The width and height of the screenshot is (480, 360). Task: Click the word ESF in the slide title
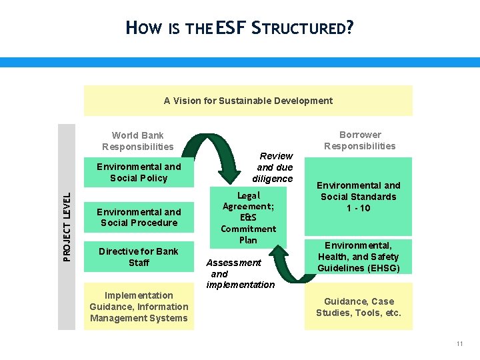tap(231, 28)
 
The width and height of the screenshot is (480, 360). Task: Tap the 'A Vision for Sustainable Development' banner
tap(248, 101)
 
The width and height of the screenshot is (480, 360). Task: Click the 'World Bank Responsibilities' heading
tap(138, 141)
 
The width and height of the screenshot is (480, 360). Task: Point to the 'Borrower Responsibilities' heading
tap(360, 140)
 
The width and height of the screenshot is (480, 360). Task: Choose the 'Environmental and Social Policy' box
tap(139, 173)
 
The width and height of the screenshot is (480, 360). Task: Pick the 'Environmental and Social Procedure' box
tap(139, 217)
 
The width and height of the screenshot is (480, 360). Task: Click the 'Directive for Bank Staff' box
tap(139, 257)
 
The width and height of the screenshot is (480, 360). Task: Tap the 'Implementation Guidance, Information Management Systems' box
tap(139, 307)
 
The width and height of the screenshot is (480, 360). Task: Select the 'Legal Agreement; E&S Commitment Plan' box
tap(248, 217)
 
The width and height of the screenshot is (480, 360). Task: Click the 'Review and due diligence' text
tap(273, 167)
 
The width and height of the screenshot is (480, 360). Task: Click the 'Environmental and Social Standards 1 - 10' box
tap(359, 197)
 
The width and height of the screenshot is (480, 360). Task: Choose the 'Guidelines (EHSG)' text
tap(359, 268)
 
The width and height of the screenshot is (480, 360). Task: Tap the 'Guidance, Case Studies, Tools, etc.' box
tap(359, 307)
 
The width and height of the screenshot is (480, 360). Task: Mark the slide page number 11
tap(459, 344)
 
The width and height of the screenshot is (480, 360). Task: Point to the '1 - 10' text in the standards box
tap(359, 208)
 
